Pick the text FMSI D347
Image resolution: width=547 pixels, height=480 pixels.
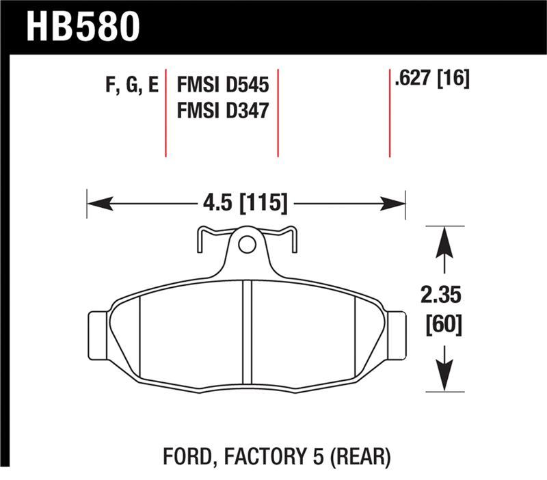[222, 109]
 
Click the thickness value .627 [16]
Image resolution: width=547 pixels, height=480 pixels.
[431, 80]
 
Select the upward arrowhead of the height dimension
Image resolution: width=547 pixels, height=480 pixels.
[445, 241]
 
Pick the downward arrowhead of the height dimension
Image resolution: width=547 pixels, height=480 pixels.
[445, 377]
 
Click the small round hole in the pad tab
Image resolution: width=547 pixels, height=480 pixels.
[247, 243]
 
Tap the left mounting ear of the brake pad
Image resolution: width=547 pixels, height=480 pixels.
[100, 334]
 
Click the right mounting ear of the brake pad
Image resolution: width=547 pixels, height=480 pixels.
[396, 334]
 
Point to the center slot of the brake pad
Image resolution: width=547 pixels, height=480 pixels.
[248, 334]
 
